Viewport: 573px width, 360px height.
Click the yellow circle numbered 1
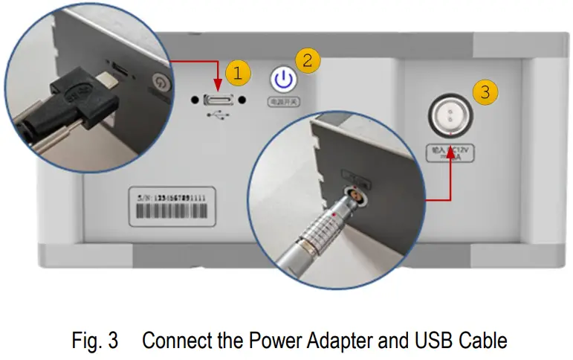coord(237,74)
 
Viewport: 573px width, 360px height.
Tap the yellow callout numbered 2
coord(308,60)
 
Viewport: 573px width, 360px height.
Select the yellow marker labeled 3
coord(485,92)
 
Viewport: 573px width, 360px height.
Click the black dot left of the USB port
coord(194,100)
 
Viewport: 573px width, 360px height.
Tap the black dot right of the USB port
coord(243,100)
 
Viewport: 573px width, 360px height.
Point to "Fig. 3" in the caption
coord(94,341)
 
